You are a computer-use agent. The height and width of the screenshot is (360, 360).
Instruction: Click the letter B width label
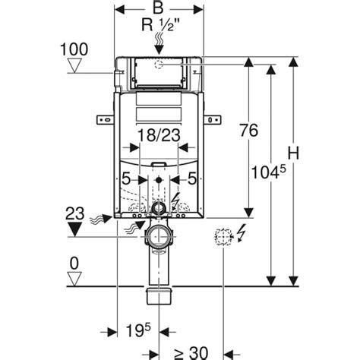pyautogui.click(x=158, y=8)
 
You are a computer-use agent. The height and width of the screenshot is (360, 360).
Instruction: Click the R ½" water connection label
pyautogui.click(x=160, y=25)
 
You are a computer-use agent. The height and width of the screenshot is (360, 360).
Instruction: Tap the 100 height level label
pyautogui.click(x=74, y=49)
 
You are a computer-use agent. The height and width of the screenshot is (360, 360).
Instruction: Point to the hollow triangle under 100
pyautogui.click(x=75, y=65)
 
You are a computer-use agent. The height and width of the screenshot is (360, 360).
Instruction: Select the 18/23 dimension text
pyautogui.click(x=159, y=135)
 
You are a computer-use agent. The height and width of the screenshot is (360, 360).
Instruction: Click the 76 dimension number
pyautogui.click(x=249, y=131)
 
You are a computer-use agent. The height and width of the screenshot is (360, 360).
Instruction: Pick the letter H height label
pyautogui.click(x=293, y=153)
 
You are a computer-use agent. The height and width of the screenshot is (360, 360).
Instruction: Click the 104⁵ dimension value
pyautogui.click(x=268, y=172)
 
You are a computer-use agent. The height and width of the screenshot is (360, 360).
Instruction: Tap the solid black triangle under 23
pyautogui.click(x=74, y=229)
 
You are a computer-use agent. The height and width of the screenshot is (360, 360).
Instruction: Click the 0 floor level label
pyautogui.click(x=74, y=264)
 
